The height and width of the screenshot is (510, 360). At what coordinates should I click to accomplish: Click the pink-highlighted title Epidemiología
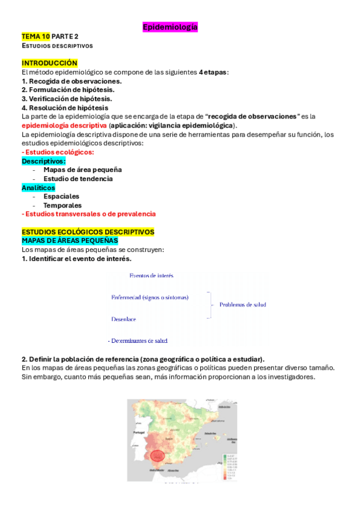click(x=170, y=27)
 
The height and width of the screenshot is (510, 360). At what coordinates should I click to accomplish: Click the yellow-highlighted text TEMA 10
click(x=35, y=37)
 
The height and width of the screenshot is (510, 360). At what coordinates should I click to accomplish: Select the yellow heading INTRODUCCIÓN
click(x=49, y=63)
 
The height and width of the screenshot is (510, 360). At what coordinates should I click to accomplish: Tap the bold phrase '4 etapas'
click(x=213, y=72)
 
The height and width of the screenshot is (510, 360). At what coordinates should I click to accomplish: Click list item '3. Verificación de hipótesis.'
click(x=66, y=99)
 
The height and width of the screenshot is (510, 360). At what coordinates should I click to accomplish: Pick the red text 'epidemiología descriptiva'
click(x=64, y=125)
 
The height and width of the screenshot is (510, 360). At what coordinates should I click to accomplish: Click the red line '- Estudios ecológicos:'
click(x=58, y=152)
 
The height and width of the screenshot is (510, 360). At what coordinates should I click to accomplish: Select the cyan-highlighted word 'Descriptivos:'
click(x=43, y=161)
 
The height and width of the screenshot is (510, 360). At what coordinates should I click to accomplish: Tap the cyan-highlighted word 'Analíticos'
click(x=38, y=188)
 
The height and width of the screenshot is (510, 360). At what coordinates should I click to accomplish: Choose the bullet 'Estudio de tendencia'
click(x=78, y=179)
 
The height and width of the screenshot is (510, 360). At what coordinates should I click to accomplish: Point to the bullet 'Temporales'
click(x=63, y=205)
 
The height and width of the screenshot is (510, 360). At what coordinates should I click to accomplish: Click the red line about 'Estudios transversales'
click(x=88, y=214)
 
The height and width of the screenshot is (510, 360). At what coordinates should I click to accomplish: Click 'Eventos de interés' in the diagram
click(x=151, y=275)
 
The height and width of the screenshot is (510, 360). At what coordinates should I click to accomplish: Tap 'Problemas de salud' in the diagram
click(x=242, y=305)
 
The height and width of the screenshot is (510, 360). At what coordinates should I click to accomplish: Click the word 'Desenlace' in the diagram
click(x=124, y=319)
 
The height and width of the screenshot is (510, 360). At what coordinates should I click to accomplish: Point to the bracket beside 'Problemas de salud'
click(x=210, y=305)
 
